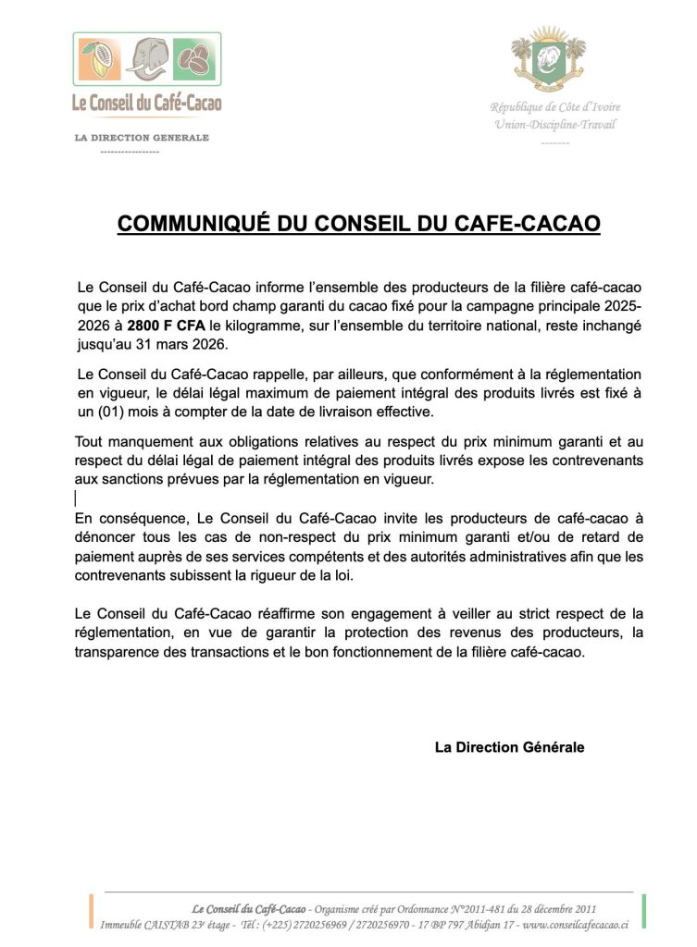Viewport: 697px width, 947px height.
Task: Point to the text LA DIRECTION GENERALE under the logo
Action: [x=143, y=138]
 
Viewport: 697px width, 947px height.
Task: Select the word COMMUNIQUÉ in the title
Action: [x=193, y=224]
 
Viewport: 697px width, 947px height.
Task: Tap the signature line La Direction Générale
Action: [x=509, y=747]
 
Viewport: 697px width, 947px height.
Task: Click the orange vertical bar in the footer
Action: [x=91, y=911]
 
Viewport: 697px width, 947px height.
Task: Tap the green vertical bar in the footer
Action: [x=642, y=911]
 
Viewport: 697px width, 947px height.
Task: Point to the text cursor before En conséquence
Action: [x=76, y=498]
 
